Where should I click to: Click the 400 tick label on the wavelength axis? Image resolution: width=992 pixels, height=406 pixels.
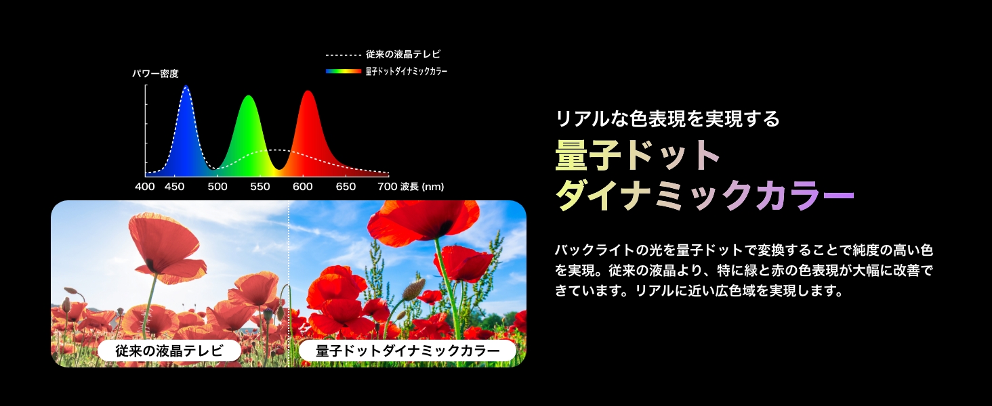(145, 187)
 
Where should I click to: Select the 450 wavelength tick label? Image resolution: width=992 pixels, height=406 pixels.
(175, 187)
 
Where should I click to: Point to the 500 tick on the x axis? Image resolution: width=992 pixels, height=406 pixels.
(218, 187)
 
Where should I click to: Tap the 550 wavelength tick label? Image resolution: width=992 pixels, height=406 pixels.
(260, 187)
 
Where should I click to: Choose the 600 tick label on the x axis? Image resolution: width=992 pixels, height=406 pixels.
(303, 187)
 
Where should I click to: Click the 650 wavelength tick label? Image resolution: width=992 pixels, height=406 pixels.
(346, 187)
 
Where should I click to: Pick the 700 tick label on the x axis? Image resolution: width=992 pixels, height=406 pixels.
(388, 187)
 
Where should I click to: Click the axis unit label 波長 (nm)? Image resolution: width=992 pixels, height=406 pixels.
(422, 187)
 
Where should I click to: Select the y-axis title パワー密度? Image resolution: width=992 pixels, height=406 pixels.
(155, 74)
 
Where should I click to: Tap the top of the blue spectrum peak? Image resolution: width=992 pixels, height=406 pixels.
(186, 86)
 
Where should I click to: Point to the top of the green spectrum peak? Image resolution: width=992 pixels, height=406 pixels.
(249, 95)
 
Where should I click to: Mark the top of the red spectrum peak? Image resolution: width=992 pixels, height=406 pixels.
(308, 91)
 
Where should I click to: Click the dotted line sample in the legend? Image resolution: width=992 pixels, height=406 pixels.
(344, 55)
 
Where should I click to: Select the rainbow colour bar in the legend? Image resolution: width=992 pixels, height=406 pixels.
(344, 71)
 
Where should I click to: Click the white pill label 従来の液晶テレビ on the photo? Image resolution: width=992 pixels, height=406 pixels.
(169, 351)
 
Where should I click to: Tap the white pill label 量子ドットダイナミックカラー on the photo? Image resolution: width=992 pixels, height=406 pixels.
(407, 351)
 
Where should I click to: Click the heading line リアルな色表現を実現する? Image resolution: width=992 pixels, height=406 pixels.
(667, 118)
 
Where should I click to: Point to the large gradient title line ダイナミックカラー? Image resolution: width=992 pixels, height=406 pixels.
(705, 195)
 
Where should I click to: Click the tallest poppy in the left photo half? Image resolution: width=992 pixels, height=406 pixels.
(166, 248)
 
